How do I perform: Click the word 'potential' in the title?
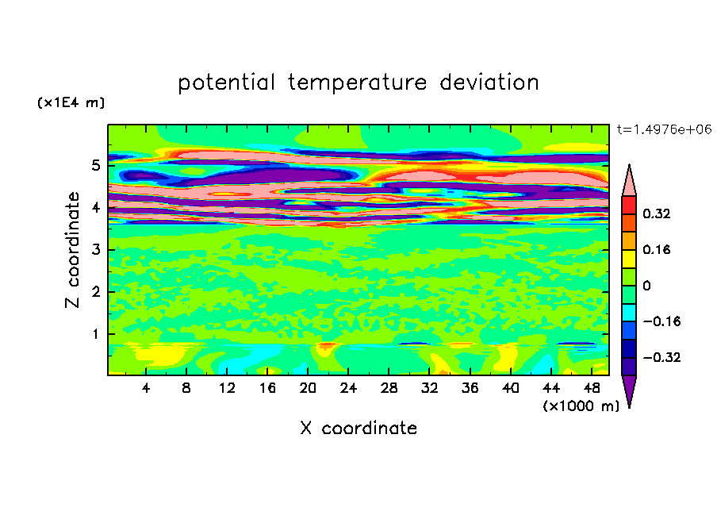click(x=228, y=83)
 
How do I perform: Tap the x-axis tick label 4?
click(x=146, y=388)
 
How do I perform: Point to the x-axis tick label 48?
click(x=591, y=388)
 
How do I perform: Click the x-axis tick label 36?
click(x=470, y=388)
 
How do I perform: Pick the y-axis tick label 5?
click(x=95, y=166)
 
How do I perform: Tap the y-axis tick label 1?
click(x=95, y=333)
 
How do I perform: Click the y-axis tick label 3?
click(x=95, y=250)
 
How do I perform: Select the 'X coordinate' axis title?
click(x=358, y=429)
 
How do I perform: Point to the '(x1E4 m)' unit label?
click(x=71, y=103)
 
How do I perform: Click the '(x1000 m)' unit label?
click(x=581, y=406)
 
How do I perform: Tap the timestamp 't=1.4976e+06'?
click(x=664, y=129)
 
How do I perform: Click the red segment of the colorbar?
click(x=628, y=205)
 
